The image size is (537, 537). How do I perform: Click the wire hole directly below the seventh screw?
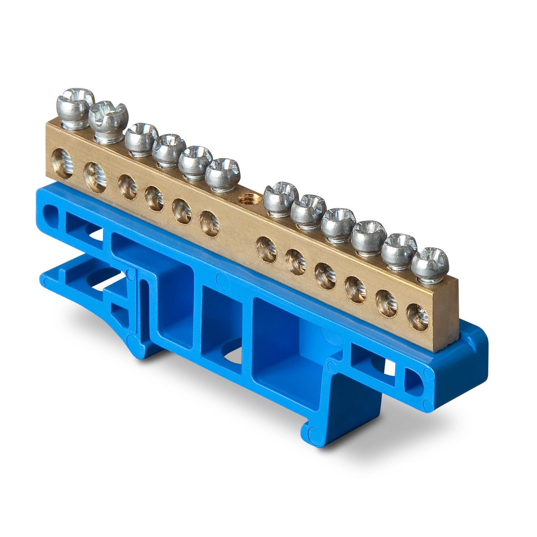(266, 246)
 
